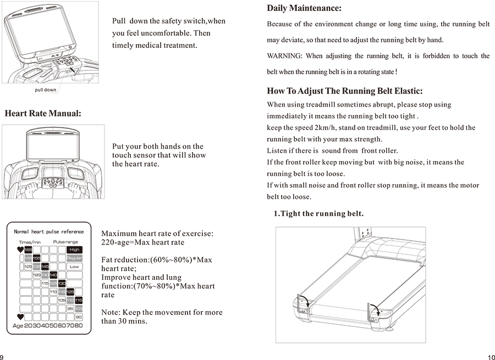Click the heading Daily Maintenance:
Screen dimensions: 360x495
tap(304, 8)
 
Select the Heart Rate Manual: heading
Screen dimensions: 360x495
tap(43, 114)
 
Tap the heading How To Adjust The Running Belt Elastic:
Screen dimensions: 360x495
tap(344, 91)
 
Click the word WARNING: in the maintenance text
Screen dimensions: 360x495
tap(284, 56)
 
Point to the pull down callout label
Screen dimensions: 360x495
tap(45, 90)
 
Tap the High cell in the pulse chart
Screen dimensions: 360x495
tap(74, 250)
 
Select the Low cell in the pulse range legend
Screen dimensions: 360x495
tap(74, 267)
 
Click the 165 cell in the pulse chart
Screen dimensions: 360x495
tap(28, 250)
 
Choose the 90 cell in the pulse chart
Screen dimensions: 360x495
tap(79, 317)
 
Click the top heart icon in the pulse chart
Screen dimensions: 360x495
tap(21, 250)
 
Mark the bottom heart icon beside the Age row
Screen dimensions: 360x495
tap(21, 317)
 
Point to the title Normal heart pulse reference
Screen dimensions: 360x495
tap(49, 232)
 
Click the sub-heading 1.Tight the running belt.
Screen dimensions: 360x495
tap(318, 213)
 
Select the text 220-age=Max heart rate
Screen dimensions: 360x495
tap(143, 242)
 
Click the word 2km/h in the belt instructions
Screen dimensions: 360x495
tap(324, 128)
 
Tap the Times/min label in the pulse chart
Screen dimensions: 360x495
tap(30, 242)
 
